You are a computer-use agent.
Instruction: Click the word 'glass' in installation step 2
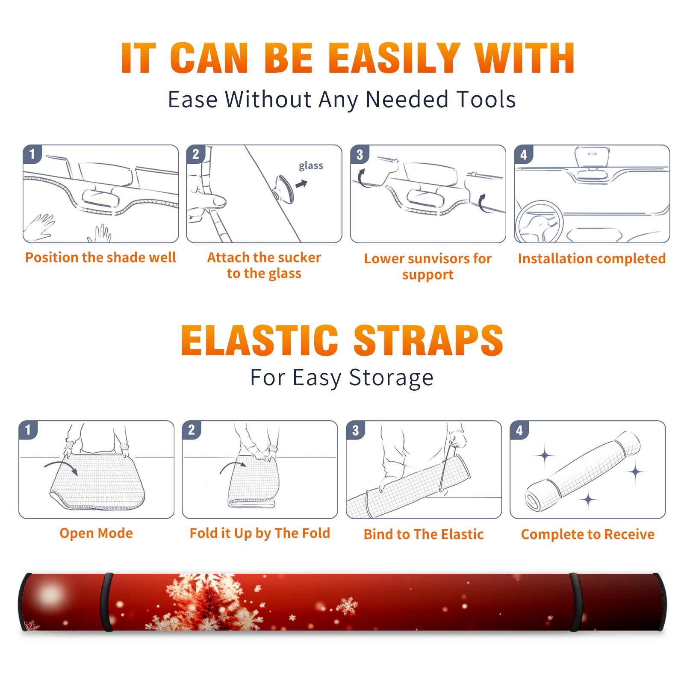311,166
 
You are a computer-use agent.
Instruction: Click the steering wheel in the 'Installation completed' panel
539,222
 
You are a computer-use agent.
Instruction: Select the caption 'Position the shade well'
100,257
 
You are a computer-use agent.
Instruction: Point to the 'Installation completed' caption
592,259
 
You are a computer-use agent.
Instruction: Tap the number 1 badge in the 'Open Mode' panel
28,430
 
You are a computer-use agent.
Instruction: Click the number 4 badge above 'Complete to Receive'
519,430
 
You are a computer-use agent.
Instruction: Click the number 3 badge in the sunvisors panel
360,155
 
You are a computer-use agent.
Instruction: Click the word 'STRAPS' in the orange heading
428,340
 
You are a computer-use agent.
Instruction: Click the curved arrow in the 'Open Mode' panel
62,467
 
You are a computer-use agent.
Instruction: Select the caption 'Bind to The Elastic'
423,534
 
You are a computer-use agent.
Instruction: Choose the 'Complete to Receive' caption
588,534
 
